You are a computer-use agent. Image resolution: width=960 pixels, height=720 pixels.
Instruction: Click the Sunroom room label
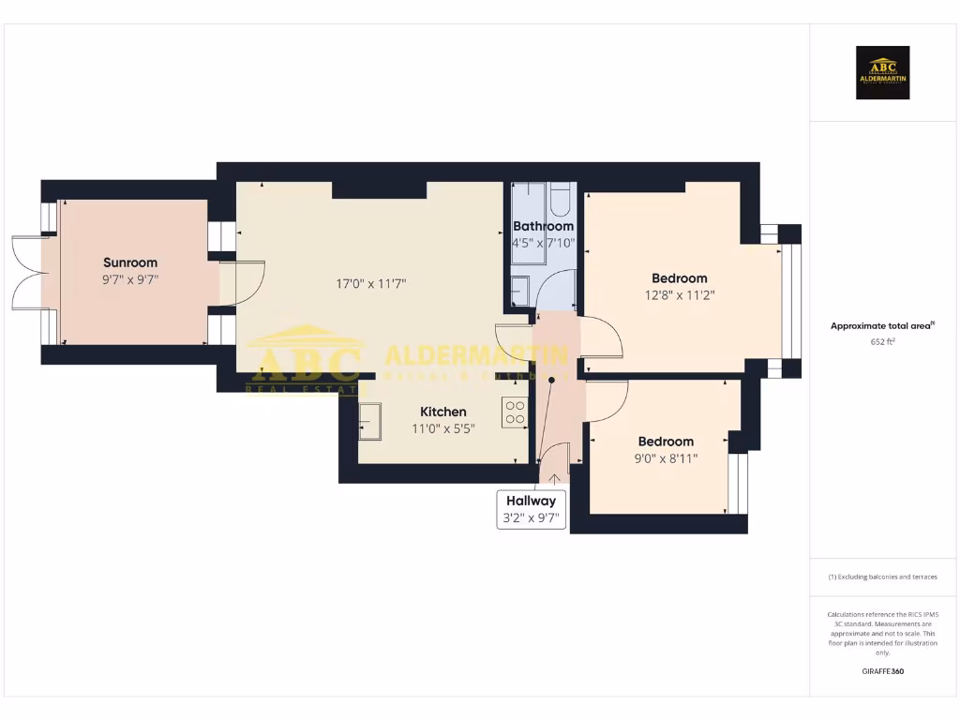point(130,262)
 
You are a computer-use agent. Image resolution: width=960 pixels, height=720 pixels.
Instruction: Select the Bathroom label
point(543,226)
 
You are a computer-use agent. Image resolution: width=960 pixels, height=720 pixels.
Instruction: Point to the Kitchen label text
point(443,412)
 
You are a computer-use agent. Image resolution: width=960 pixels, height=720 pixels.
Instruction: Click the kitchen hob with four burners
point(515,412)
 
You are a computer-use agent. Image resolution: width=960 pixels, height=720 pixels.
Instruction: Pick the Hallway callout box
point(532,508)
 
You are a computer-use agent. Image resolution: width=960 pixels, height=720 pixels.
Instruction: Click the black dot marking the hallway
point(551,380)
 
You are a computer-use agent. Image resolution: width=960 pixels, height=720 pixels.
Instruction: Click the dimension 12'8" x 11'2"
point(679,294)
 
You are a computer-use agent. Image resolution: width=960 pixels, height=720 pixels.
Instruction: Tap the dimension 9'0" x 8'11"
point(666,457)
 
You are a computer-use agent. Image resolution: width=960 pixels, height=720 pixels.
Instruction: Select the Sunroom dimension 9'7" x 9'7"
point(130,278)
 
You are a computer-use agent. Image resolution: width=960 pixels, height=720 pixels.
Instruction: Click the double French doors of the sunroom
point(26,273)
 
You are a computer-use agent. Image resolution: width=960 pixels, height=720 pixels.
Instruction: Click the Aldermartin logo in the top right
point(882,73)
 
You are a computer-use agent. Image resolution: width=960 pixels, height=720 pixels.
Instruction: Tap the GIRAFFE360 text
point(883,671)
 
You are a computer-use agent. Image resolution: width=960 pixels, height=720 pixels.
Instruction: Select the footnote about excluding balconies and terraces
point(883,577)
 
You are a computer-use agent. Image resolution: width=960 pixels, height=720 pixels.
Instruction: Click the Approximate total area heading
point(883,326)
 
